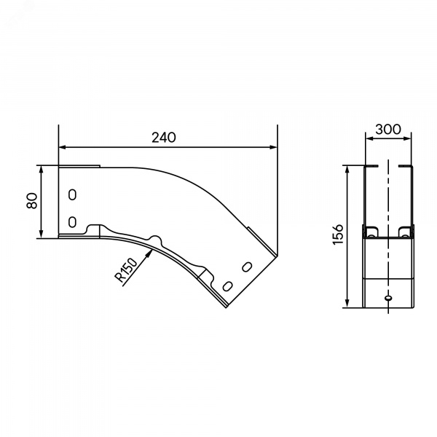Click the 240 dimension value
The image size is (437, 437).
tap(164, 138)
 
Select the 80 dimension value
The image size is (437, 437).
tap(32, 201)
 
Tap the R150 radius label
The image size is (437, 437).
tap(126, 270)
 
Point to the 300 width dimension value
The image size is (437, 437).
tap(388, 130)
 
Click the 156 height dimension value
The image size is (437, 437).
tap(339, 235)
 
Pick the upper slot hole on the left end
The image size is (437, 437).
tap(72, 194)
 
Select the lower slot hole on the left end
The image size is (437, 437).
tap(72, 222)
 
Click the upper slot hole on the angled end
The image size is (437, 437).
tap(247, 267)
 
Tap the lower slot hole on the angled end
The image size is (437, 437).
tap(228, 286)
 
